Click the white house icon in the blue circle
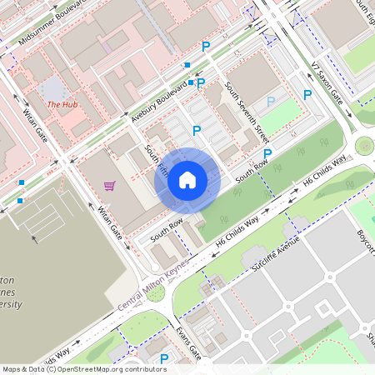(x=187, y=179)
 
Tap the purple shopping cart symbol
(x=109, y=186)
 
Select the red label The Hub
(x=62, y=104)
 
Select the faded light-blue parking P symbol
(x=270, y=101)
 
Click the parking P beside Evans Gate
(x=164, y=359)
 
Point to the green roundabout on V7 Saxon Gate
(x=364, y=146)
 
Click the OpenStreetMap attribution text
(x=84, y=368)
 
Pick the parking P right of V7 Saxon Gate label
(x=307, y=95)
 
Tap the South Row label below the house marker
(x=166, y=232)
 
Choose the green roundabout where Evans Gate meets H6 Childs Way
(x=156, y=293)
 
